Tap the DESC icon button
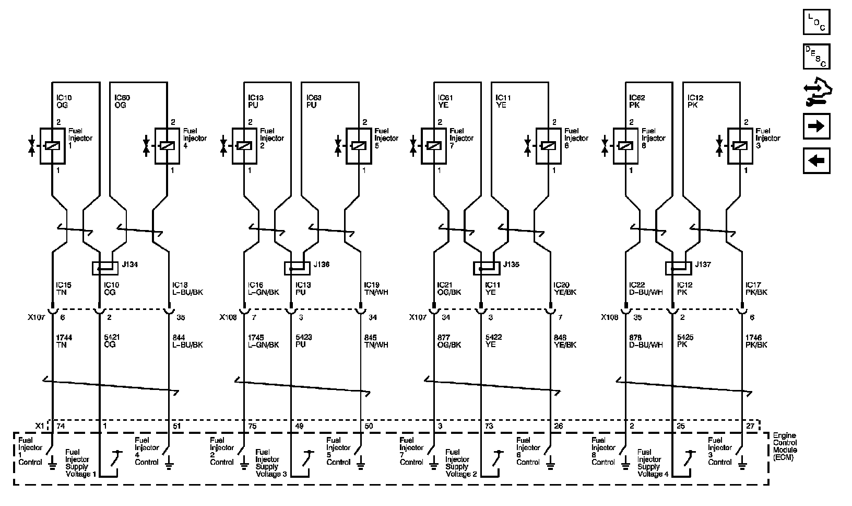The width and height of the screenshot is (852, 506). [x=816, y=56]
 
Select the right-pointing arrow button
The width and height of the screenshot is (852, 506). [x=816, y=126]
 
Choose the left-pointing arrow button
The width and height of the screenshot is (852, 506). [x=816, y=160]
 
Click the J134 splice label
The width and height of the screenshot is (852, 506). [x=131, y=265]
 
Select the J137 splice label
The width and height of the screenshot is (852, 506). [x=703, y=265]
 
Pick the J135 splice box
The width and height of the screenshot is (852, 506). [x=486, y=268]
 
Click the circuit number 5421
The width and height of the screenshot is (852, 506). [x=112, y=338]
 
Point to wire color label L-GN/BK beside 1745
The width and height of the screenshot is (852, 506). [x=263, y=345]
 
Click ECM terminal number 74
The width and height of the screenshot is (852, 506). [x=60, y=426]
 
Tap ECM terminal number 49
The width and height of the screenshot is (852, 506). [x=299, y=426]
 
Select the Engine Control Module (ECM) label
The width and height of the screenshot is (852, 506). [x=785, y=446]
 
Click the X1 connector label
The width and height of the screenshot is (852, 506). [x=39, y=426]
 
